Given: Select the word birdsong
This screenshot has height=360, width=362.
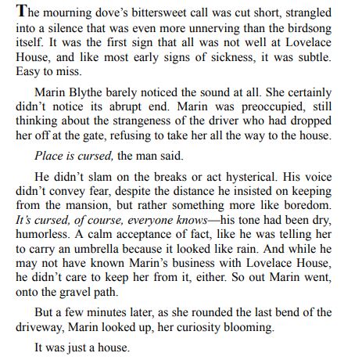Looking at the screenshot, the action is (316, 30).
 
